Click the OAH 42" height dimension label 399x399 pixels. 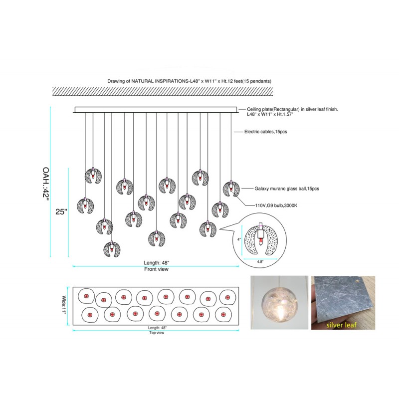click(46, 184)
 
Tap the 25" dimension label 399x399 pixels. click(61, 211)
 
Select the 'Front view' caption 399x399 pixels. click(156, 269)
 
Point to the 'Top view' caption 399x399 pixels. click(157, 333)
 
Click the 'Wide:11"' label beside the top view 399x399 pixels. click(64, 305)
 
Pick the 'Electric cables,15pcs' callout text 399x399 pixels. click(266, 132)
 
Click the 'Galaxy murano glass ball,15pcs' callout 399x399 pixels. click(287, 189)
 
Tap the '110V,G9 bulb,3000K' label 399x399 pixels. click(276, 205)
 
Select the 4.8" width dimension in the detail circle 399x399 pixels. click(260, 262)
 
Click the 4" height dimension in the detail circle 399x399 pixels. click(239, 239)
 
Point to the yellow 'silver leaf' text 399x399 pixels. click(341, 325)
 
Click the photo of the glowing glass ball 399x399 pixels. click(279, 303)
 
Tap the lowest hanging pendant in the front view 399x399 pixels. click(112, 249)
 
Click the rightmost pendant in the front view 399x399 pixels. click(231, 189)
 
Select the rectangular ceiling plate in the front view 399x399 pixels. click(156, 110)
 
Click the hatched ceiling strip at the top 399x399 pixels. click(163, 91)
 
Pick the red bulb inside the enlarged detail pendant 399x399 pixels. click(260, 240)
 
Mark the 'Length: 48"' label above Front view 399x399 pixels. click(156, 263)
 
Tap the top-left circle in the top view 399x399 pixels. click(86, 296)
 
